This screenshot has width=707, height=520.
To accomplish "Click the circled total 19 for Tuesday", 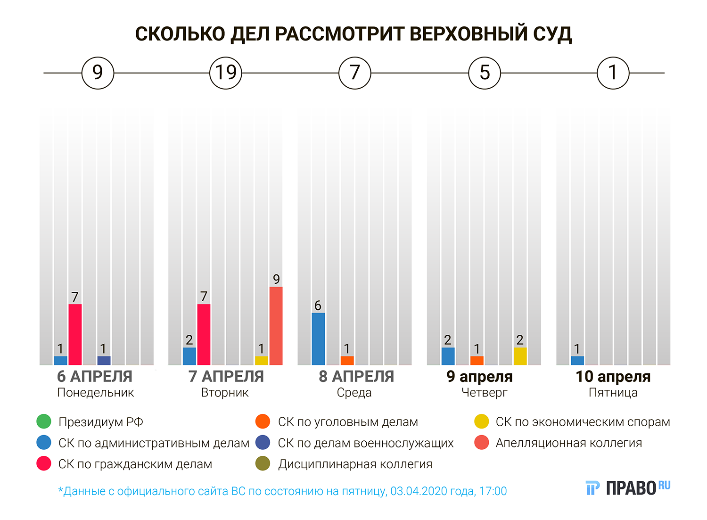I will pos(225,73).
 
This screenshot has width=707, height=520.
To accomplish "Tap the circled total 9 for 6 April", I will pos(98,73).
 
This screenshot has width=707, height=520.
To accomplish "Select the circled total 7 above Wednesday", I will pos(355,73).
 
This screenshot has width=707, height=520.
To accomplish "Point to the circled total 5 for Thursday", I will pos(485,73).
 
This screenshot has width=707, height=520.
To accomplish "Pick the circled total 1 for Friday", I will pos(613,73).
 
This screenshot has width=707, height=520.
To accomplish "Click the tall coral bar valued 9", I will pos(276,325).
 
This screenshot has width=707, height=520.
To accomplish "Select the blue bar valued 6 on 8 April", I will pos(318,338).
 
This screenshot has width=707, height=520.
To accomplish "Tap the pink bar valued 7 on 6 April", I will pos(75,334).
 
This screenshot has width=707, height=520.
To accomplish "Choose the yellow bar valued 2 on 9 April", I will pos(520,356).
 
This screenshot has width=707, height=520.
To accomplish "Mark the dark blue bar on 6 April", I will pos(104,360).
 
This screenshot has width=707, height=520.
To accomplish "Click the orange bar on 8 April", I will pos(347,360).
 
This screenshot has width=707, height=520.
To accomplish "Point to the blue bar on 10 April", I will pos(577,360).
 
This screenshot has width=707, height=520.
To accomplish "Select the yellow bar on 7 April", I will pos(261,360).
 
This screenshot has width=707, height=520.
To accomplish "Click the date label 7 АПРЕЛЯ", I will pos(226,377).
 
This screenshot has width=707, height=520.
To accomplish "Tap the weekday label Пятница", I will pos(613,393).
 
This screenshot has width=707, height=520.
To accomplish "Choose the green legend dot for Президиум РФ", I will pos(44,421).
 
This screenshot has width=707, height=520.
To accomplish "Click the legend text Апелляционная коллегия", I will pos(568,443).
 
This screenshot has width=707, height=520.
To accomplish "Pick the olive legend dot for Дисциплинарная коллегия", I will pos(263,464).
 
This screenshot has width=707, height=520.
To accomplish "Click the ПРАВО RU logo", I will pos(628,488).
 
